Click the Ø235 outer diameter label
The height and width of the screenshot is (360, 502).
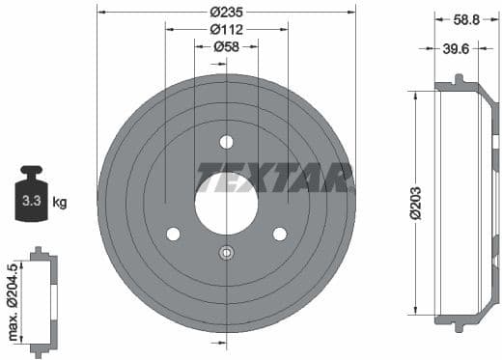226,13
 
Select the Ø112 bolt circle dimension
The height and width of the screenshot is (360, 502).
226,30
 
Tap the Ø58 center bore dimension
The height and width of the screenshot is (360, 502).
226,46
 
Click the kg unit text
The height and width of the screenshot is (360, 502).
60,203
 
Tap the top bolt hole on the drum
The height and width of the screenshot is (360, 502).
226,142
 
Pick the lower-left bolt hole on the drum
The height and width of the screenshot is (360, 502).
173,235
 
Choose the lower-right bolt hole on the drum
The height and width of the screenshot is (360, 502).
280,235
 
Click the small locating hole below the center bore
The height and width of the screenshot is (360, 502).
226,254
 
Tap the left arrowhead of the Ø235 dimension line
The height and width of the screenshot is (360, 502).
100,13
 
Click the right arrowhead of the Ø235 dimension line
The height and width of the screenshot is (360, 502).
352,13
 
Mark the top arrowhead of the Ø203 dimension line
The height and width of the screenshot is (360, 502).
415,94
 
